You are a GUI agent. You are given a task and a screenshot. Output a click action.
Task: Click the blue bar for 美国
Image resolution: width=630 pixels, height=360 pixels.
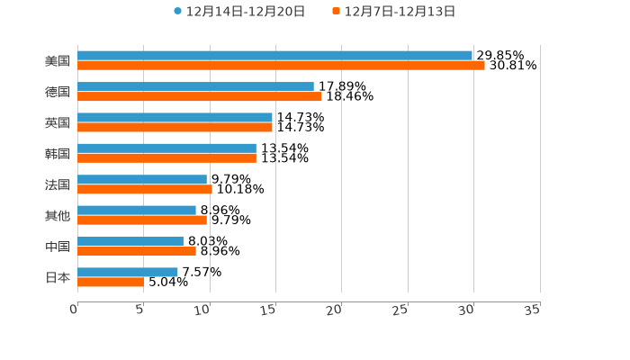[x=274, y=56]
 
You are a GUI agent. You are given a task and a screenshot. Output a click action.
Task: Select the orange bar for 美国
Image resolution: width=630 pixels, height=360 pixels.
[x=281, y=66]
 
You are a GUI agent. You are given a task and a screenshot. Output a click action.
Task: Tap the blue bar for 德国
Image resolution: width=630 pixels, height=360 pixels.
[x=195, y=86]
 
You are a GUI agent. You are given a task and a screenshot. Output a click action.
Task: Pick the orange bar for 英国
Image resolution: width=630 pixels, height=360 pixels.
[x=175, y=127]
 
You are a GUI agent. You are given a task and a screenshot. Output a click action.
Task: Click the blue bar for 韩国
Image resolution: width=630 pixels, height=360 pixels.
[x=166, y=148]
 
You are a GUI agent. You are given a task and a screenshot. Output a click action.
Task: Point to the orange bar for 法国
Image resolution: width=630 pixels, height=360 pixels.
[x=145, y=189]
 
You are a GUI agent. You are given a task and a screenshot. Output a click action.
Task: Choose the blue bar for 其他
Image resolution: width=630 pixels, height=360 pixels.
[x=137, y=211]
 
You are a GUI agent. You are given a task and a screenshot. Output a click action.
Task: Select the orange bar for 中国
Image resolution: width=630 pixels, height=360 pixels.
[x=137, y=251]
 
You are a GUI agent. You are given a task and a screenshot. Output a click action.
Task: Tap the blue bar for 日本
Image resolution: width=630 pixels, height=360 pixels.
[x=128, y=272]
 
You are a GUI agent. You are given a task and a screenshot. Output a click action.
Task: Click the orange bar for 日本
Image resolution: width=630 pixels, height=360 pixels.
[x=111, y=282]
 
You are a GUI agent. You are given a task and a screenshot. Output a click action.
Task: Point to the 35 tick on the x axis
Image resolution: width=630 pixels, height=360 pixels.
[x=533, y=310]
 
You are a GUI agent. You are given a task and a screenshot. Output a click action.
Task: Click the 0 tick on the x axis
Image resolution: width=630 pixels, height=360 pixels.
[x=74, y=310]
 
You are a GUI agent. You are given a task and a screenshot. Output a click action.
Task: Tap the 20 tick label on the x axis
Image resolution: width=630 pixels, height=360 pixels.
[x=335, y=310]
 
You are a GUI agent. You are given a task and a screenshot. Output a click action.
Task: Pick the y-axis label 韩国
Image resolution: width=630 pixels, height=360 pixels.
[x=58, y=154]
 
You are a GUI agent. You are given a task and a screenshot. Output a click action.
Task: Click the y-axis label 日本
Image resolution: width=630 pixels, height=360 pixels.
[x=58, y=277]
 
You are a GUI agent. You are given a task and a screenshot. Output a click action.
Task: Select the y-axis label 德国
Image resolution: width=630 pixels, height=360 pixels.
[x=58, y=92]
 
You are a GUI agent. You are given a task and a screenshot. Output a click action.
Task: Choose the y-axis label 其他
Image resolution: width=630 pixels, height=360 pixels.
[x=58, y=216]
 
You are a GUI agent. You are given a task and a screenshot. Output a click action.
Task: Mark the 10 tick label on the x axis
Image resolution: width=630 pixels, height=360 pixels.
[x=202, y=310]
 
